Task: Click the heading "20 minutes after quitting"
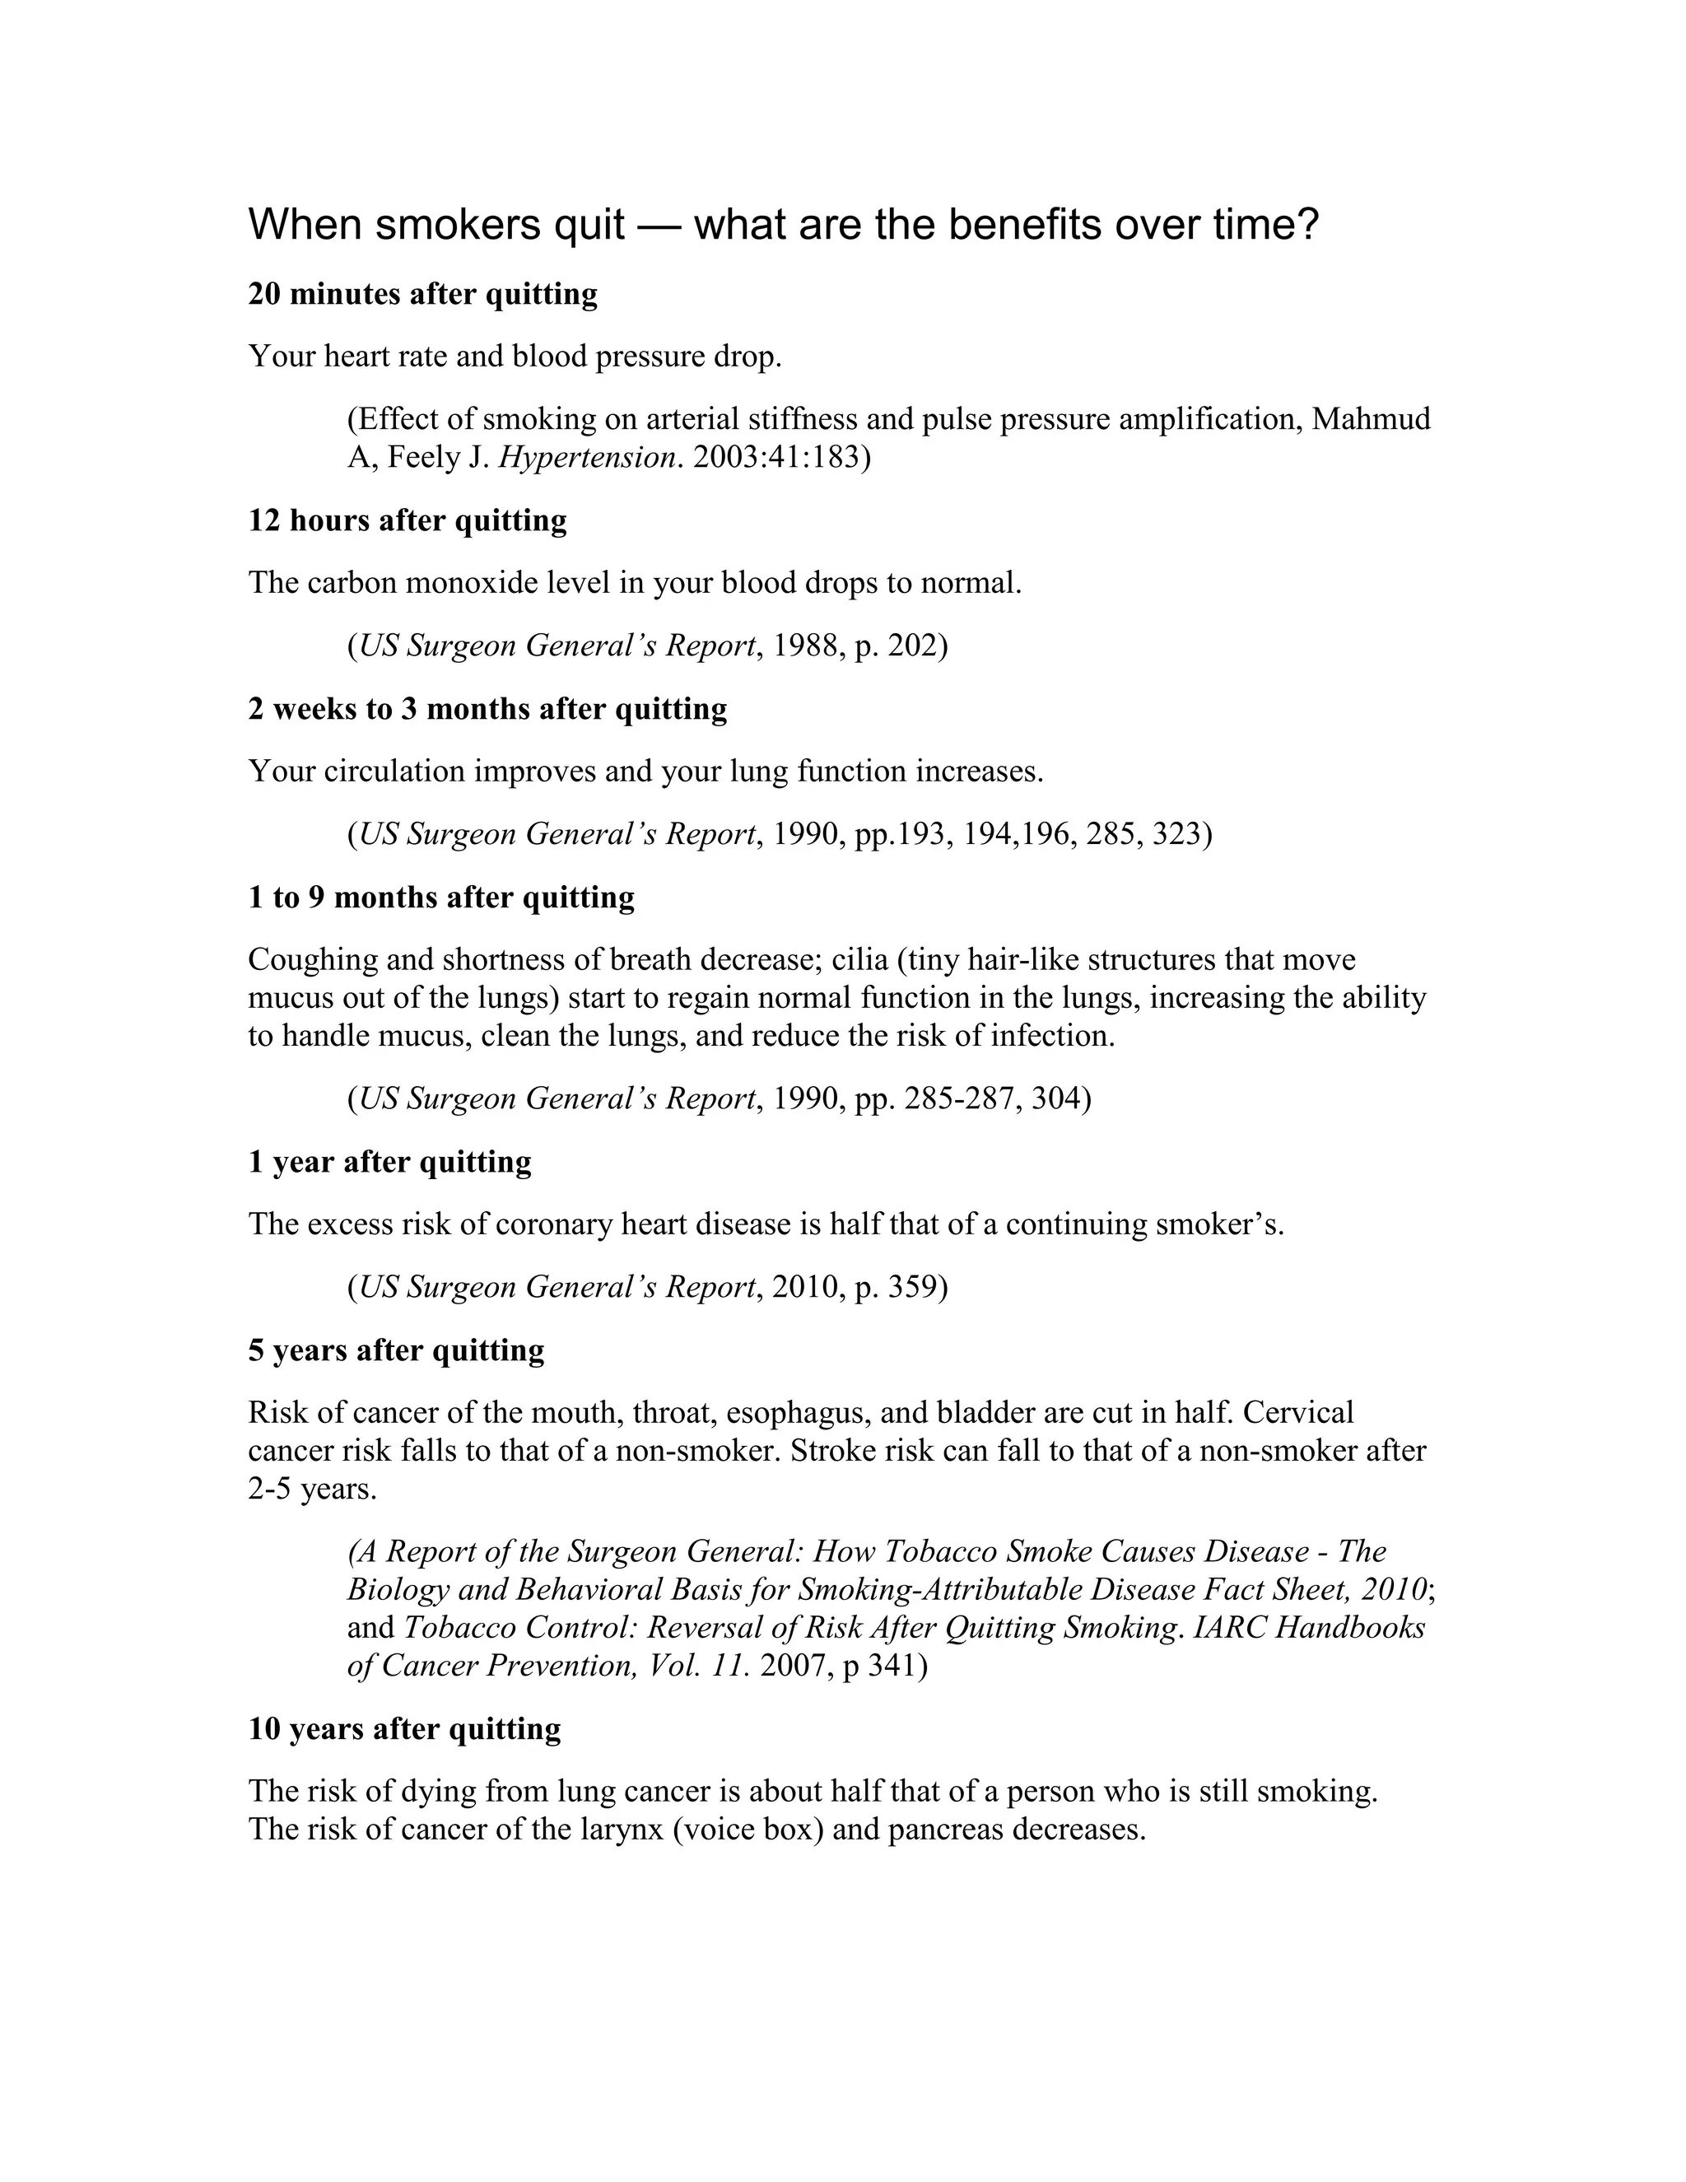point(422,295)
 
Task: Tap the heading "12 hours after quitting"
point(408,520)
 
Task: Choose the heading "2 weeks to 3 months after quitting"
point(487,709)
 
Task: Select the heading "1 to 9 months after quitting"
point(440,898)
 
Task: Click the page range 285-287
point(961,1099)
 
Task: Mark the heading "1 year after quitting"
point(389,1162)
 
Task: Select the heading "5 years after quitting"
point(397,1350)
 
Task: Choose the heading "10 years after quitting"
point(404,1729)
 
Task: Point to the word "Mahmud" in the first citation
point(1371,420)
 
